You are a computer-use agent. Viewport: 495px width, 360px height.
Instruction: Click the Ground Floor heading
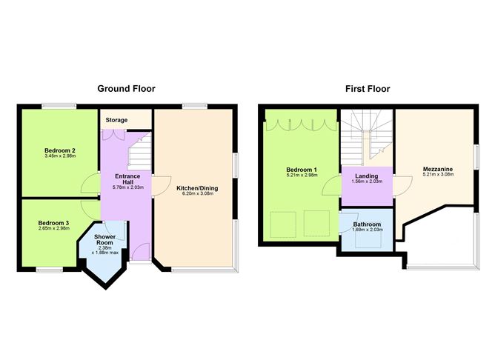pos(127,89)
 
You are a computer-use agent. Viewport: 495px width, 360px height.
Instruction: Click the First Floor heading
pos(368,89)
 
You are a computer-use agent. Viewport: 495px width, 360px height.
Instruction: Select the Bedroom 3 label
pos(53,223)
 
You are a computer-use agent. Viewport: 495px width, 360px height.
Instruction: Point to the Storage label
pos(116,120)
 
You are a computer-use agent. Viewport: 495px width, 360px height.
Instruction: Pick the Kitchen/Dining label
pos(197,188)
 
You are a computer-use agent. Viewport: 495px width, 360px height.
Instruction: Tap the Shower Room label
pos(106,240)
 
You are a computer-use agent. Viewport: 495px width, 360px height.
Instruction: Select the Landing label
pos(366,176)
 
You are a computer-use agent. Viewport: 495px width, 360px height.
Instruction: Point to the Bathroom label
pos(366,224)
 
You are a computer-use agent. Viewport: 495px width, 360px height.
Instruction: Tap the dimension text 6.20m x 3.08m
pos(197,196)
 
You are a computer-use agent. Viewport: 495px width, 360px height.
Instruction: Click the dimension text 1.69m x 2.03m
pos(366,231)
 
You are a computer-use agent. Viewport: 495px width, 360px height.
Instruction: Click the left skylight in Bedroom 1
pos(281,221)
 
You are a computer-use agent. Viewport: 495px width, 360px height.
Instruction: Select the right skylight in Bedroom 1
pos(314,221)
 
